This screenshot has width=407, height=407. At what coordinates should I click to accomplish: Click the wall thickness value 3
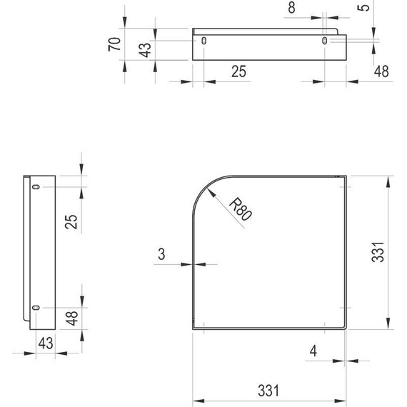162,253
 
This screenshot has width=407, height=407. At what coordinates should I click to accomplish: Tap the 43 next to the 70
145,51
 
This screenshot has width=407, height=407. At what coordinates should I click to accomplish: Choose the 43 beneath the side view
46,343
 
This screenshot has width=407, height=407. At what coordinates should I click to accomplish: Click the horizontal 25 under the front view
239,71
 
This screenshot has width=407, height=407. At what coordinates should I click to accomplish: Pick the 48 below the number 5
382,71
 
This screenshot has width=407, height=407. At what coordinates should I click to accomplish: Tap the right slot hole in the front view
326,42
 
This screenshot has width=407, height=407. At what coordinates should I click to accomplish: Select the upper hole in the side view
36,187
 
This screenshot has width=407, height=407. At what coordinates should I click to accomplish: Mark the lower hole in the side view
36,308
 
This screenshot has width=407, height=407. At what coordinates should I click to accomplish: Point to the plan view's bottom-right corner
345,329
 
